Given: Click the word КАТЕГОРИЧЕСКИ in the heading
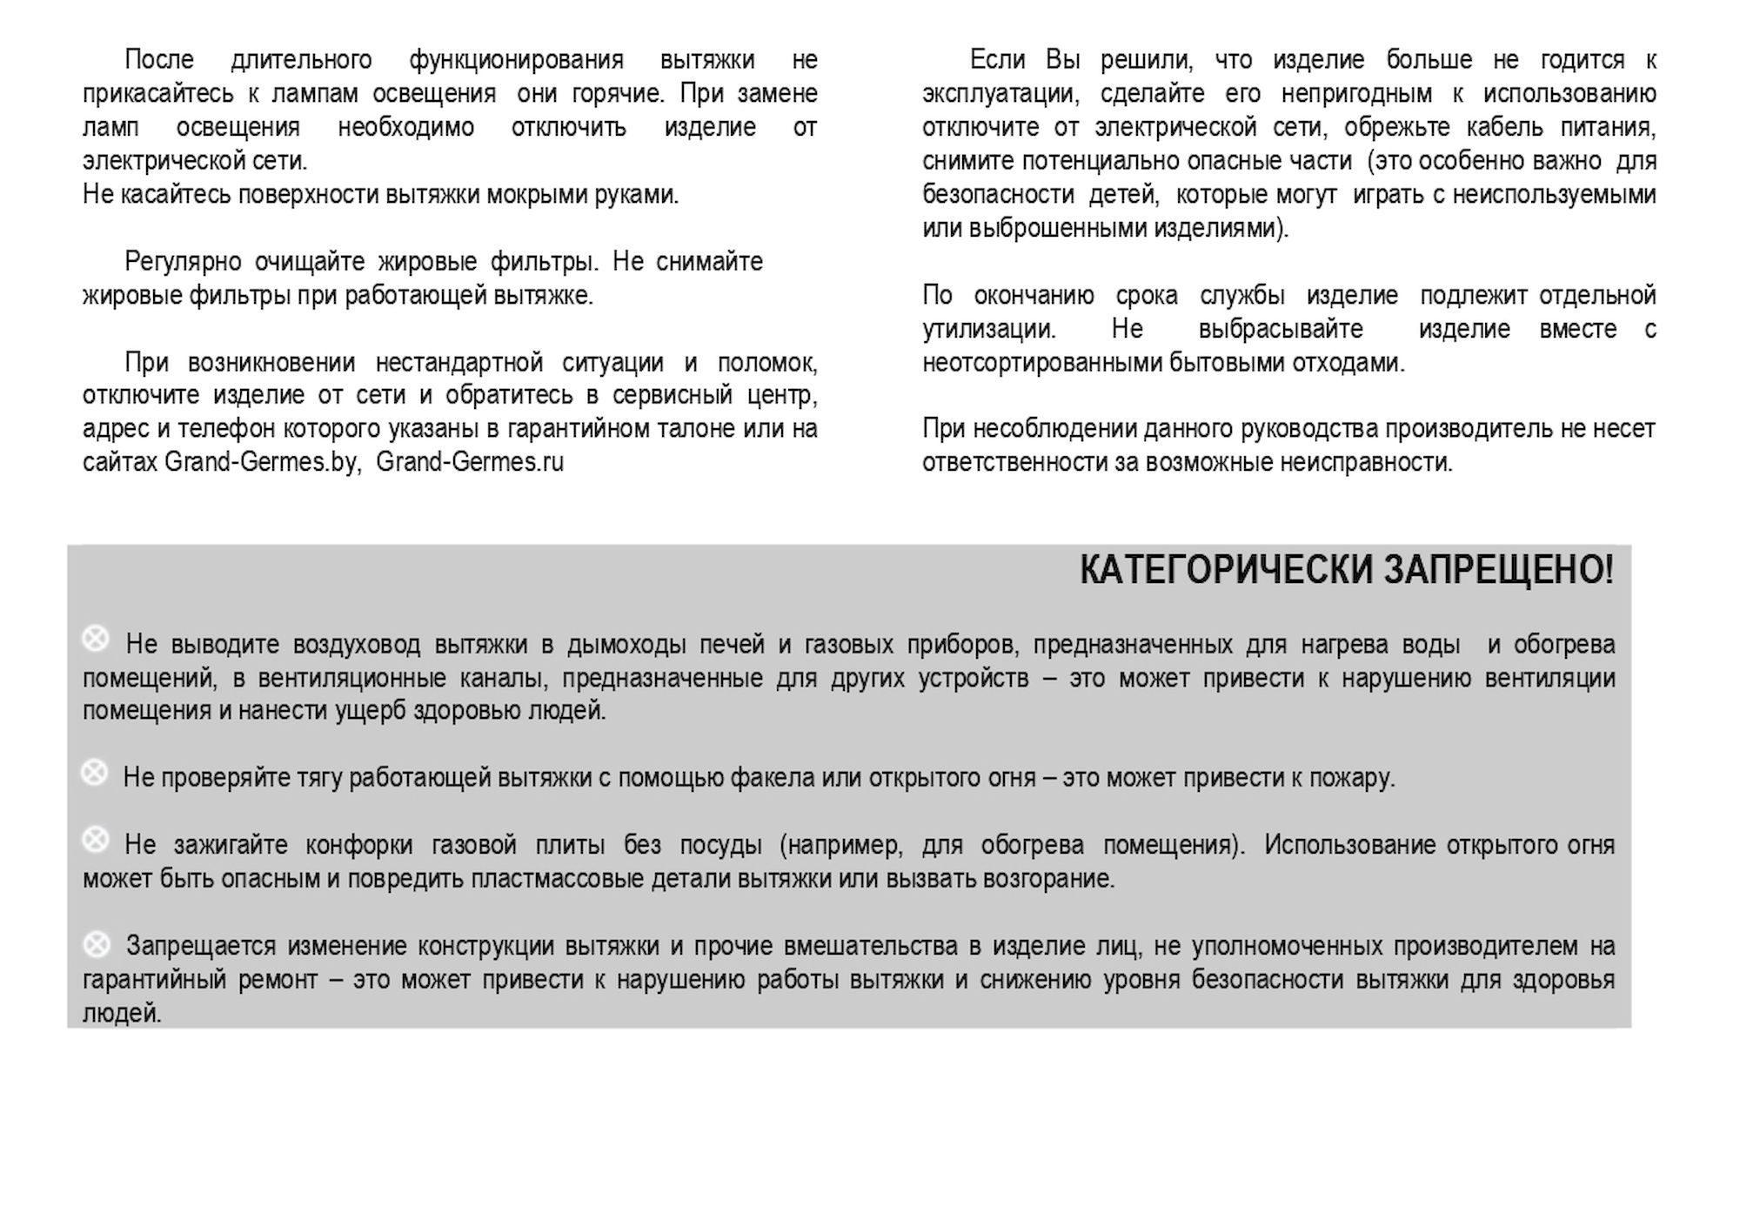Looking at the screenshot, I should click(x=1227, y=570).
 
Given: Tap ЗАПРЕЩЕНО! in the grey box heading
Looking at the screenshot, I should click(x=1498, y=570).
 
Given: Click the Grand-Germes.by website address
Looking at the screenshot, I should click(x=262, y=462).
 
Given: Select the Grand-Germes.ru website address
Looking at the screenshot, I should click(x=470, y=462).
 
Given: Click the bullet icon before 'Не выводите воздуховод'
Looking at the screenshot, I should click(x=96, y=640).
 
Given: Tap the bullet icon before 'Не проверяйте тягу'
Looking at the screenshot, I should click(x=94, y=773).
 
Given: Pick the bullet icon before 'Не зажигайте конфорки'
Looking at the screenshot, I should click(x=96, y=841).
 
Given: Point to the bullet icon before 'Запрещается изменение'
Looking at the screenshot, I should click(x=97, y=943).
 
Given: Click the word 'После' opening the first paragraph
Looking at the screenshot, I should click(x=159, y=60).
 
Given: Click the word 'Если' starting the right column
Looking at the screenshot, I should click(x=997, y=60).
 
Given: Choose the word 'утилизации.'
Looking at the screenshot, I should click(x=989, y=330).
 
